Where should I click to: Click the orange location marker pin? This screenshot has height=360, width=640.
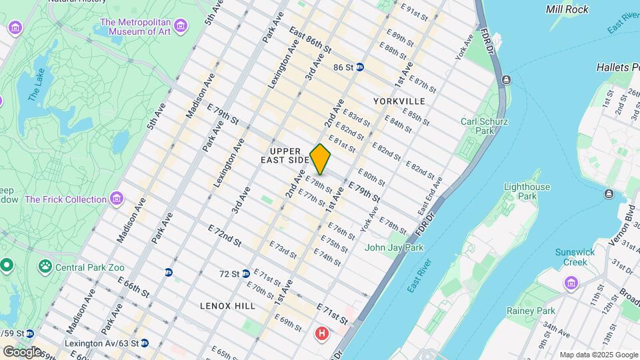point(320,159)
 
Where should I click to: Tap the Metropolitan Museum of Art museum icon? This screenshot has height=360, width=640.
point(179,27)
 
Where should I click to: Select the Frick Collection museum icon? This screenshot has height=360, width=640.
point(117,199)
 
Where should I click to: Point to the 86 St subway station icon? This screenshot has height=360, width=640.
point(360,67)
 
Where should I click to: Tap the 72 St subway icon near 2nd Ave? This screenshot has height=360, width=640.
point(245,273)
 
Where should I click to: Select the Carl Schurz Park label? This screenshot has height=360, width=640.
point(485,126)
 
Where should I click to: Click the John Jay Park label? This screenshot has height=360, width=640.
point(393,247)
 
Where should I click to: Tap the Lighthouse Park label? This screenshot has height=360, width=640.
point(527,192)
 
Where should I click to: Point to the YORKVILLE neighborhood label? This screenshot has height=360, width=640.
point(399,101)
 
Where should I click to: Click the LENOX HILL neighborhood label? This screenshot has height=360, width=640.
point(227,305)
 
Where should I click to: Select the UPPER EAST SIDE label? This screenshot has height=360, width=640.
point(290,155)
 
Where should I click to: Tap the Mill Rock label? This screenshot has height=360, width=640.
point(567,9)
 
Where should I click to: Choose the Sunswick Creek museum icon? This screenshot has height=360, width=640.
point(571,283)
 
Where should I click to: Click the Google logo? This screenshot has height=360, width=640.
point(22,351)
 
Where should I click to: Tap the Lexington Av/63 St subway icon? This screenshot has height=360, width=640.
point(144,343)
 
